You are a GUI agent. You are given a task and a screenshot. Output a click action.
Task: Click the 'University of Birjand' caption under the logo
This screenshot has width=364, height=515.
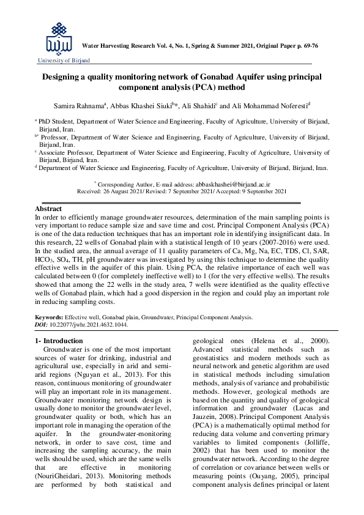point(64,61)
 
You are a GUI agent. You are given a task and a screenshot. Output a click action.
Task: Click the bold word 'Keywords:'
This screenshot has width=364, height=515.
point(49,318)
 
